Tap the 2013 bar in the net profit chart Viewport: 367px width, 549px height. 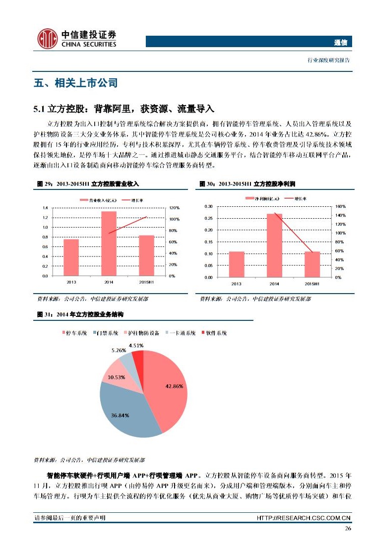tap(237, 264)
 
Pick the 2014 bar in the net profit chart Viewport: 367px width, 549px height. tap(274, 245)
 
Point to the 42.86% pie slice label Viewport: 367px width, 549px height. tap(174, 385)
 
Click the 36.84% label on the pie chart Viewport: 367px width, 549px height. tap(121, 415)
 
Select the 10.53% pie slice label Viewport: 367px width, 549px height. tap(117, 377)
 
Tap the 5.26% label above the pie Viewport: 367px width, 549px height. tap(119, 350)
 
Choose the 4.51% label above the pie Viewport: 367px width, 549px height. tap(136, 345)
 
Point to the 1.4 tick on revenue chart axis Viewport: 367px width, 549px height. tap(45, 207)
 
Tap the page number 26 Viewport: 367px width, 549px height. tap(348, 529)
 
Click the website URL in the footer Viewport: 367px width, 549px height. tap(304, 518)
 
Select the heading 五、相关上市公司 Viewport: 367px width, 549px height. tap(75, 83)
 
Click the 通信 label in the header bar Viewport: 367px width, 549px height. tap(340, 42)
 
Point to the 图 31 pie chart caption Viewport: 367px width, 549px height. tap(80, 314)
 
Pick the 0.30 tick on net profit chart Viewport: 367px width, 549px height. tap(208, 206)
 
